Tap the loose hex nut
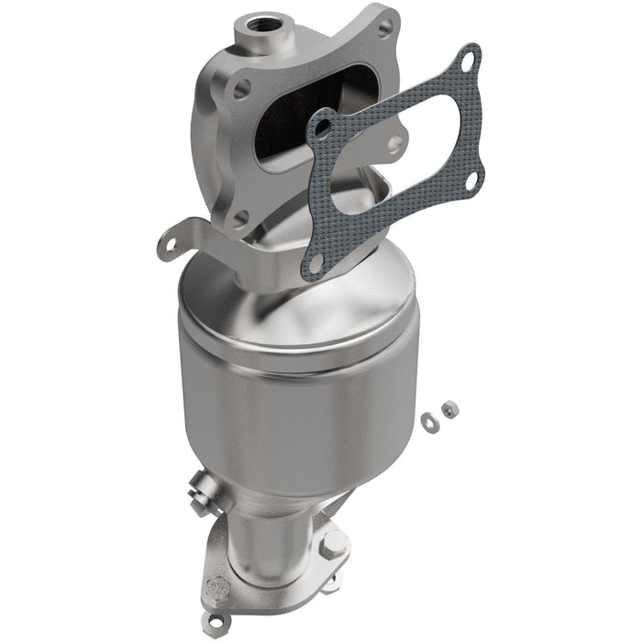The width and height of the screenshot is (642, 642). click(448, 409)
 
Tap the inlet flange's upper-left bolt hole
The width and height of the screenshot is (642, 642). click(241, 89)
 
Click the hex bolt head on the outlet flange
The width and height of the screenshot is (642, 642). click(333, 548)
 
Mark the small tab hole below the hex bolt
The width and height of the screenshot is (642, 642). click(332, 579)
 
